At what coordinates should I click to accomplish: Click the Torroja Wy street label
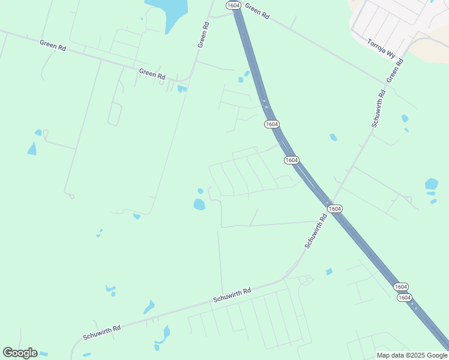point(382,49)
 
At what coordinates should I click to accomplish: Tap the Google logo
point(20,353)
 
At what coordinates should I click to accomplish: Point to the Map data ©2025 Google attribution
point(412,355)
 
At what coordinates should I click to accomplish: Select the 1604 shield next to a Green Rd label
point(234,5)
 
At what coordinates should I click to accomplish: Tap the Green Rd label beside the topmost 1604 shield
point(257,11)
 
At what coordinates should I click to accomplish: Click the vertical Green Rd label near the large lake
point(203,35)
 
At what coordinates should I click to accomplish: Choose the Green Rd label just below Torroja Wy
point(395,70)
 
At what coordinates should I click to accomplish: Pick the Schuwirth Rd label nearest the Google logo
point(101,332)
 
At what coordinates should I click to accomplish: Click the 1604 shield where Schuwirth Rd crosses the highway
point(335,208)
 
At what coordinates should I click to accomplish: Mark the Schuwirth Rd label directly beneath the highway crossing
point(315,231)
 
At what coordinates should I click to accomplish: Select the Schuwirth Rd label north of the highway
point(378,109)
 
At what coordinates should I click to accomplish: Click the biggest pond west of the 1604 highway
point(199,205)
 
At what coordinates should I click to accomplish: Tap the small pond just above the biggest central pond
point(200,191)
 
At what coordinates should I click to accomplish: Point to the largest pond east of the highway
point(431,184)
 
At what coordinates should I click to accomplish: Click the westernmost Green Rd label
point(52,45)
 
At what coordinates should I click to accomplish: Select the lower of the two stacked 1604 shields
point(404,298)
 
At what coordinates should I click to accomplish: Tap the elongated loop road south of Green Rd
point(115,113)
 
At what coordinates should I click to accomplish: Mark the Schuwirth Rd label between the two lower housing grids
point(232,295)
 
